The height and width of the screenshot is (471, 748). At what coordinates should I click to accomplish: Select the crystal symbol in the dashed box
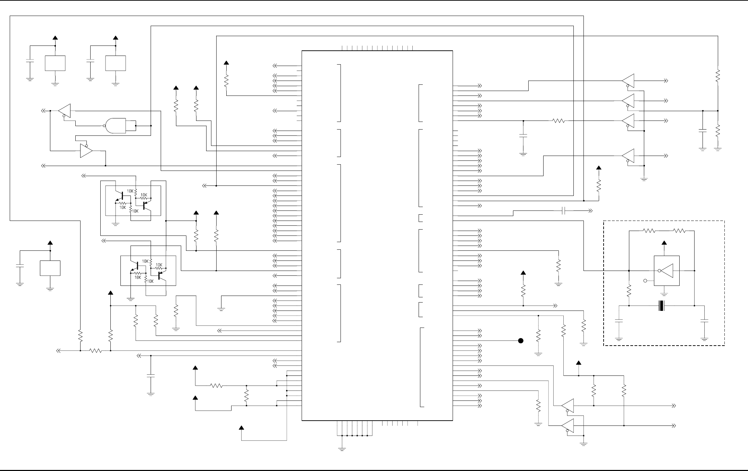[x=662, y=306]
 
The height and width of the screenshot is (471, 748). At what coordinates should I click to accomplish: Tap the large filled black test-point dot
[x=521, y=341]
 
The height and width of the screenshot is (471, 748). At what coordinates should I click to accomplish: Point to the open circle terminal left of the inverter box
[x=645, y=281]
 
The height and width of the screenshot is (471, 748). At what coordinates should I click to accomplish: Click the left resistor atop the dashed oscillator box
[x=649, y=230]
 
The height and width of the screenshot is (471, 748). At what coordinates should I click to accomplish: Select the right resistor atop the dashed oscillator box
[x=679, y=230]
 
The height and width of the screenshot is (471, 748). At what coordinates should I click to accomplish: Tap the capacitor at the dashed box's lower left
[x=619, y=321]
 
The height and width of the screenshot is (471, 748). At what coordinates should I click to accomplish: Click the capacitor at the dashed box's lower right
[x=704, y=321]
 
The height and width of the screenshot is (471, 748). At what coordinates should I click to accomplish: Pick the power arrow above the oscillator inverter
[x=664, y=243]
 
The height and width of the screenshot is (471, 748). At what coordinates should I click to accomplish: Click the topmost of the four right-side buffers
[x=628, y=81]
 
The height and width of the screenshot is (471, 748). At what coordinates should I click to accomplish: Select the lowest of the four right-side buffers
[x=628, y=156]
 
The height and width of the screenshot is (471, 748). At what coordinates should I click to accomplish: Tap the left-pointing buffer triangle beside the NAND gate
[x=65, y=110]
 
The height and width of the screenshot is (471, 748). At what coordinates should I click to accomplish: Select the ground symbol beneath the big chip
[x=342, y=448]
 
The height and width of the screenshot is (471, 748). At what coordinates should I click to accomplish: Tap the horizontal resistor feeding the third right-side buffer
[x=558, y=121]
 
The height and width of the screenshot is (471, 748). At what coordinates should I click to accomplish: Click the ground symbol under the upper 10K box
[x=116, y=224]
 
